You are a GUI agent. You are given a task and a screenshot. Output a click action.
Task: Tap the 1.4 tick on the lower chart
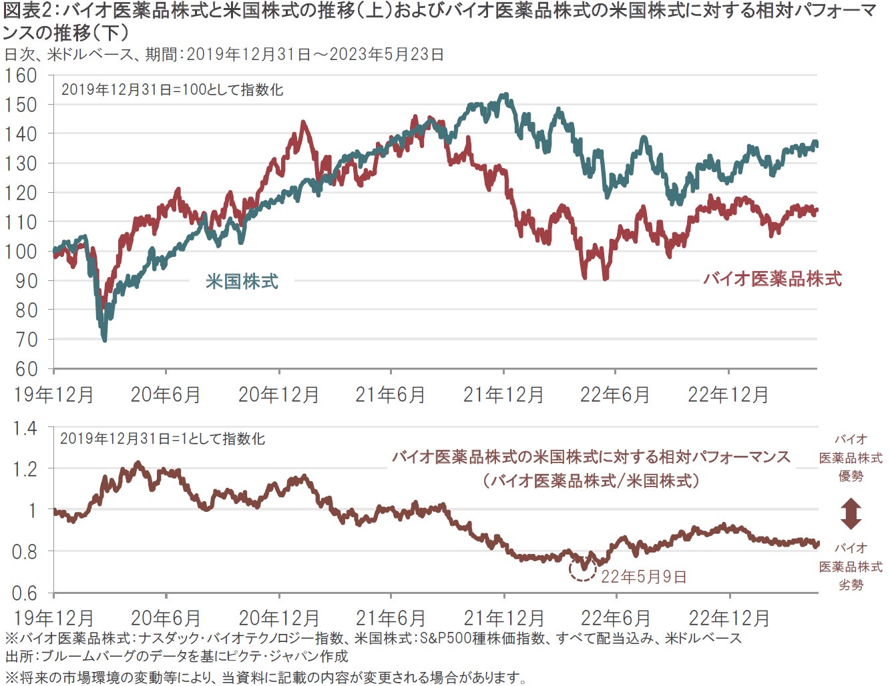point(25,428)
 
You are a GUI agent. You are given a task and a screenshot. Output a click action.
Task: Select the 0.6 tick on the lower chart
point(25,593)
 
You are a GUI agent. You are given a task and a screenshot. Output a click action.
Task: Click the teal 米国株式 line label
point(242,282)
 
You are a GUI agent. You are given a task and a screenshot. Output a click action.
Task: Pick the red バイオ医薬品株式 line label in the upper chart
point(772,279)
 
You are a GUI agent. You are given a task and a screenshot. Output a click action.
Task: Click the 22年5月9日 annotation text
point(644,577)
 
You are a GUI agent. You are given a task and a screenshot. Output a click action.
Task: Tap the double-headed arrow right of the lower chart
point(851,513)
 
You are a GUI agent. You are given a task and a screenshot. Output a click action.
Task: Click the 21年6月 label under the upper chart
point(390,395)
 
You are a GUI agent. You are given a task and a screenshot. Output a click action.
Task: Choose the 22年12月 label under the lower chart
point(729,618)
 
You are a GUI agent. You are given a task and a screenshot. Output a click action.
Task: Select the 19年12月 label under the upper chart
point(53,395)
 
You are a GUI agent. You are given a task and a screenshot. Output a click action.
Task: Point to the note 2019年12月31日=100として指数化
point(172,89)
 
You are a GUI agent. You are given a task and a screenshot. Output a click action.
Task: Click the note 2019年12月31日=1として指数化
point(162,438)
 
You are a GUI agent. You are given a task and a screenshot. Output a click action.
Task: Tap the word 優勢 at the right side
point(851,476)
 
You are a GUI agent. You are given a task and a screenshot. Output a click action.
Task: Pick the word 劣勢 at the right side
point(851,585)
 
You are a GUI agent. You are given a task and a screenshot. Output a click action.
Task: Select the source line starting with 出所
point(176,656)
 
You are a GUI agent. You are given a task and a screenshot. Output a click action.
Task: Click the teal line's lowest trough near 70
point(104,339)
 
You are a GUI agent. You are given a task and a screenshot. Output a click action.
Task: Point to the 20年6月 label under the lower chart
point(165,618)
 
